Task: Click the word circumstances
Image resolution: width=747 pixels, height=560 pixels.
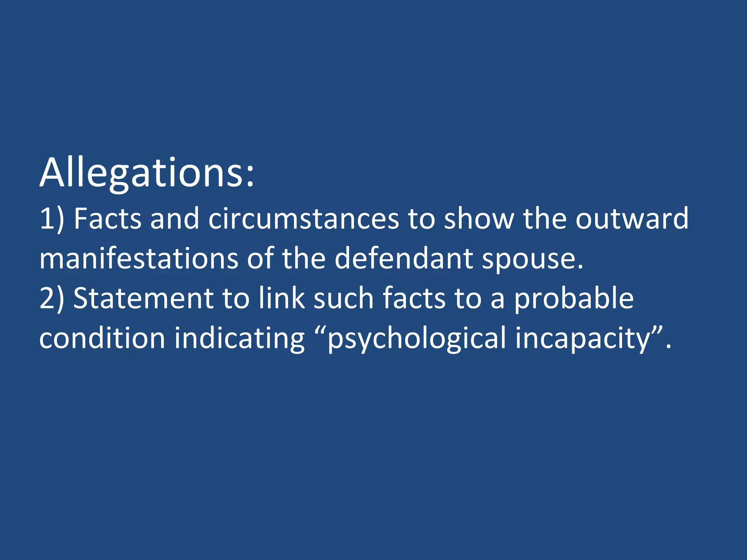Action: [303, 219]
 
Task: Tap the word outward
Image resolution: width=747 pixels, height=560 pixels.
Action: [632, 219]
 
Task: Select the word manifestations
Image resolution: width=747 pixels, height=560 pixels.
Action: [139, 258]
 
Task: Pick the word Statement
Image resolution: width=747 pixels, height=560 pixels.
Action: [143, 298]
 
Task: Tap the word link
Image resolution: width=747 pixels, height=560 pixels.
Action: [282, 298]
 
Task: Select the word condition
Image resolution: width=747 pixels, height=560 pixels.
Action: [102, 338]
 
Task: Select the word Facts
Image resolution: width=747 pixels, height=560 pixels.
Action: [107, 219]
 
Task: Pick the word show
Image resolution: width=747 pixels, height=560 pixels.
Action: [479, 219]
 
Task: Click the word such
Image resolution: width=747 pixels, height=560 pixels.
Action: [343, 298]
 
